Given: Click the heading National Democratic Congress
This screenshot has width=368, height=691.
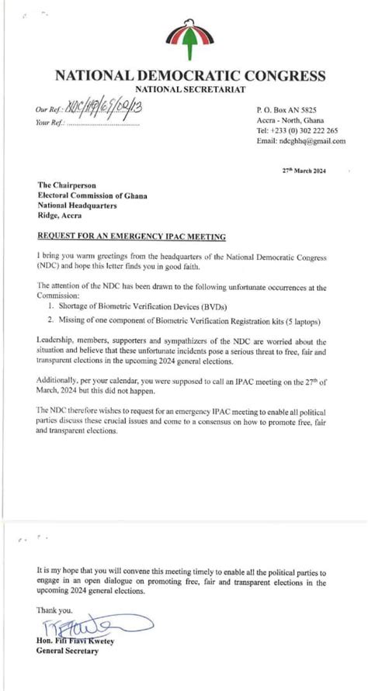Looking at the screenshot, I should pos(189,76).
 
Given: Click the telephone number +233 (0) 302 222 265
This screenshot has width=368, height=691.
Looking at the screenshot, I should pos(298,131).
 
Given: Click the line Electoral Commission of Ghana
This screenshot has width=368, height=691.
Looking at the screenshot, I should pos(92,195).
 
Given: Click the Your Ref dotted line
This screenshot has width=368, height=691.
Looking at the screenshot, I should pos(104,123).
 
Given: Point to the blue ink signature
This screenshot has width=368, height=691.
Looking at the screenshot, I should pos(85,624).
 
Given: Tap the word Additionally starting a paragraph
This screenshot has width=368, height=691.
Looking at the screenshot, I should pos(59,380).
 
